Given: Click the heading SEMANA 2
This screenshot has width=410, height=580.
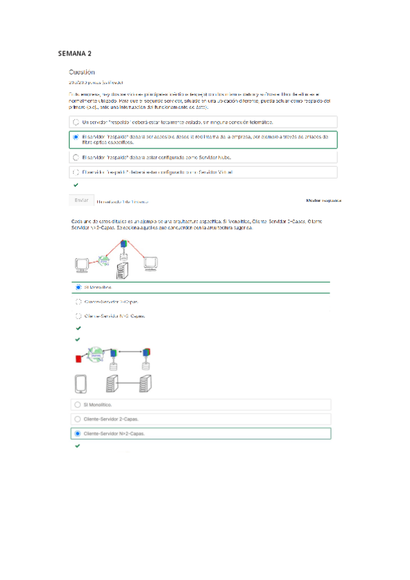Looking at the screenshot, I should point(75,53).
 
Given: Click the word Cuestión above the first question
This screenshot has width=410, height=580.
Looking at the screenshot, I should point(81,72).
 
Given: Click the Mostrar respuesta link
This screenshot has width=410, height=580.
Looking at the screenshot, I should point(323,201).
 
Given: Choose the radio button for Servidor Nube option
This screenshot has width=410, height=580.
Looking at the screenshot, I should point(75,157).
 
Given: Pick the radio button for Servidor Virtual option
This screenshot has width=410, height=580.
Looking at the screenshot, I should point(75,172).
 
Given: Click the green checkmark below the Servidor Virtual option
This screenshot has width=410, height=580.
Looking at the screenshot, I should point(75,185).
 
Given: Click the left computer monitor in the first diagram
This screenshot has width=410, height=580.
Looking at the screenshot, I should point(83,263).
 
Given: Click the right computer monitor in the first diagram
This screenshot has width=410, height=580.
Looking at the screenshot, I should point(151,262).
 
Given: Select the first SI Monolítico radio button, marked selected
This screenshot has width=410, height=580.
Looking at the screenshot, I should point(79,287).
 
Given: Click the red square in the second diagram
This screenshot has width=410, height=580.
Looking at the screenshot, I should point(79,358).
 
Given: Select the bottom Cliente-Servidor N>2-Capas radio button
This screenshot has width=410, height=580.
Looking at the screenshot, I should point(77,434).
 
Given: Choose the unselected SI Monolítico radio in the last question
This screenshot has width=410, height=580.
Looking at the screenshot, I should point(77,405).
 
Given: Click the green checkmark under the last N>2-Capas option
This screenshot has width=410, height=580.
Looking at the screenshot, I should point(77,446).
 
